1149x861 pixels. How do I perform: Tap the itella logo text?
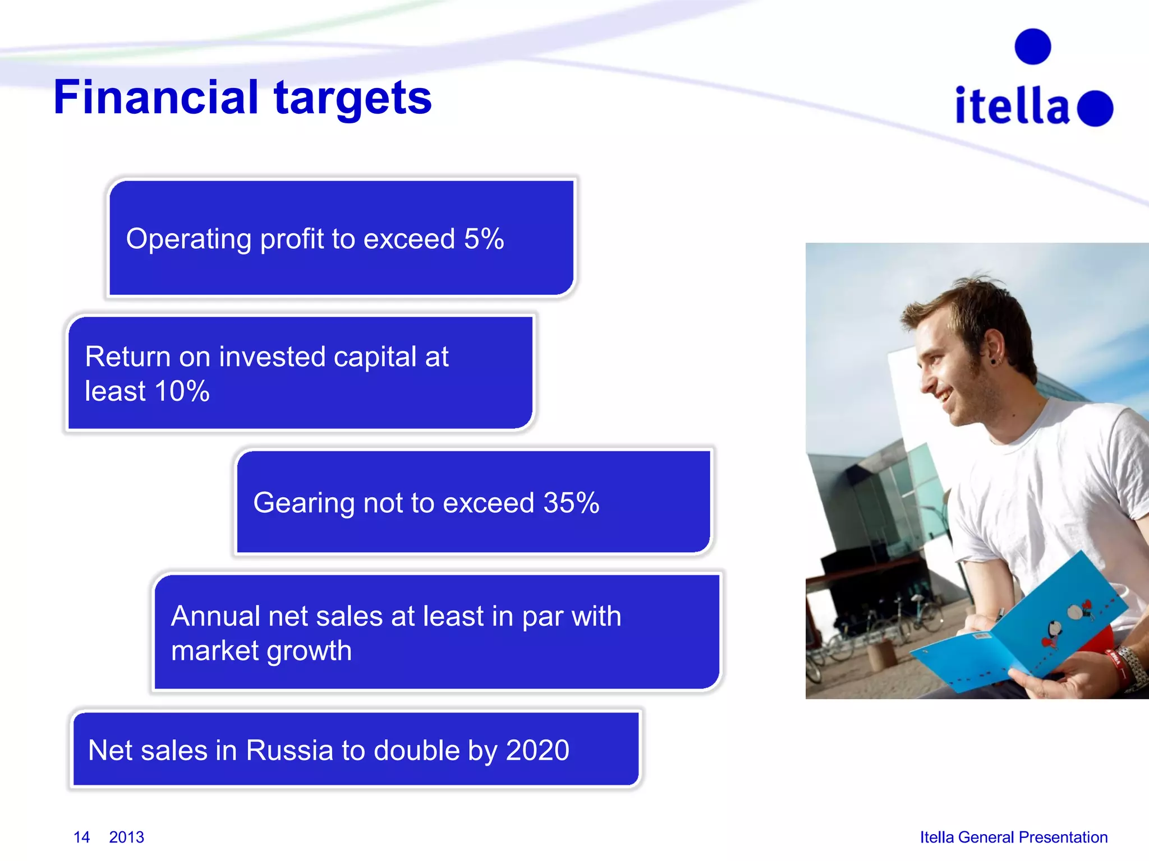pyautogui.click(x=1012, y=106)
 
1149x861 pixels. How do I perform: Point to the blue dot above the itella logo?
pyautogui.click(x=1032, y=47)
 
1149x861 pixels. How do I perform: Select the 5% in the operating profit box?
pyautogui.click(x=484, y=239)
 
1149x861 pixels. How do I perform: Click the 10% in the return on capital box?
pyautogui.click(x=182, y=391)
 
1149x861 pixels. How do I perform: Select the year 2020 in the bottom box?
pyautogui.click(x=537, y=751)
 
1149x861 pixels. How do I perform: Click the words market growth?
pyautogui.click(x=261, y=651)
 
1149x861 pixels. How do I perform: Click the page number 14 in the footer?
pyautogui.click(x=81, y=837)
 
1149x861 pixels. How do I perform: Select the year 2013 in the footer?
pyautogui.click(x=126, y=837)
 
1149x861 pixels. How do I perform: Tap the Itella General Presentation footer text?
pyautogui.click(x=1013, y=837)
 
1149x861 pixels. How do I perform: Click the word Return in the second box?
pyautogui.click(x=127, y=357)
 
